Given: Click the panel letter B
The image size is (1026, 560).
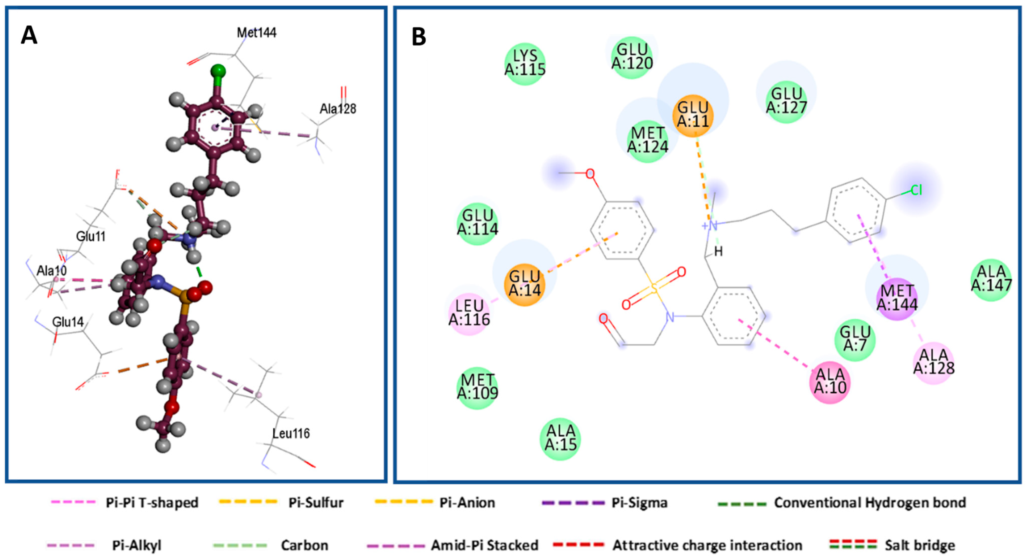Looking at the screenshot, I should click(419, 37).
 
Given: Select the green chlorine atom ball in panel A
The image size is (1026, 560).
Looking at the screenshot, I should click(218, 72).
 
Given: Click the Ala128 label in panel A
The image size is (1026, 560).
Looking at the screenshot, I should click(338, 108).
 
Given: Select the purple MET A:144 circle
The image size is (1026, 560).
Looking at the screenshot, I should click(897, 298).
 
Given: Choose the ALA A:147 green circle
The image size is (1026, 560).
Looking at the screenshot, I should click(991, 280).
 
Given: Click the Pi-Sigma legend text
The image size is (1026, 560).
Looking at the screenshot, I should click(639, 503).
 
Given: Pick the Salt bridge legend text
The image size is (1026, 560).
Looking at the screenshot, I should click(920, 545).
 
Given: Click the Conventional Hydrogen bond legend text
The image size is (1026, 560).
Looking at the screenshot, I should click(870, 503).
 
